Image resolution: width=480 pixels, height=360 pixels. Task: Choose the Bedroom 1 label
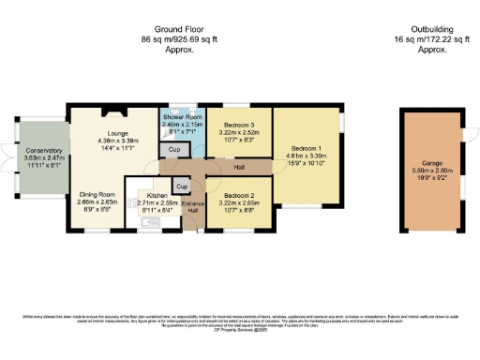[306, 148]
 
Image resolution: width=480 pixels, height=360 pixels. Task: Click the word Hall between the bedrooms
[239, 167]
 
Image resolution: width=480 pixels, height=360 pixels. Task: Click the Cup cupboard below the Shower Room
[173, 150]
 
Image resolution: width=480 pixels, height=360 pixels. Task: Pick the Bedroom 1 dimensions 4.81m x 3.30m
[306, 157]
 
